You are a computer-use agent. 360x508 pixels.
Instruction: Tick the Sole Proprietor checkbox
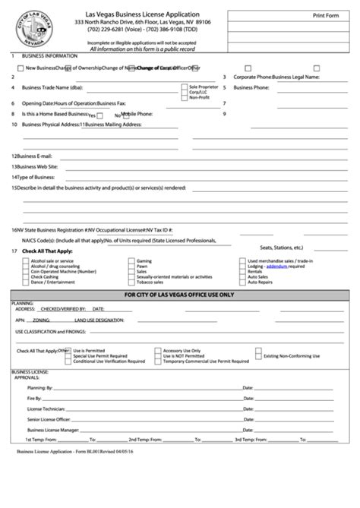click(x=184, y=87)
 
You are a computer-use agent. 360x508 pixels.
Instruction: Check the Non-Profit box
click(x=184, y=97)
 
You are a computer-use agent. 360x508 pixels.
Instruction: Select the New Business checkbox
click(x=20, y=68)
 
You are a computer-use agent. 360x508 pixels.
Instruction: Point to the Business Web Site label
click(x=33, y=166)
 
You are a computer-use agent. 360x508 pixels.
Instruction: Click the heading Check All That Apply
click(x=47, y=250)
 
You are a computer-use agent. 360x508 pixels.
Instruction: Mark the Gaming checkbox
click(x=132, y=260)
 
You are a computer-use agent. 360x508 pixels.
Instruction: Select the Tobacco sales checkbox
click(x=132, y=282)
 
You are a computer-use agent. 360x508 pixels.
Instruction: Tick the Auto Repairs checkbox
click(x=243, y=282)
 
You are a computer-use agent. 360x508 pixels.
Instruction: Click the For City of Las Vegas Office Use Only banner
click(x=180, y=295)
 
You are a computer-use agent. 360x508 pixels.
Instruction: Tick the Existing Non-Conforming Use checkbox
click(x=259, y=355)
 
